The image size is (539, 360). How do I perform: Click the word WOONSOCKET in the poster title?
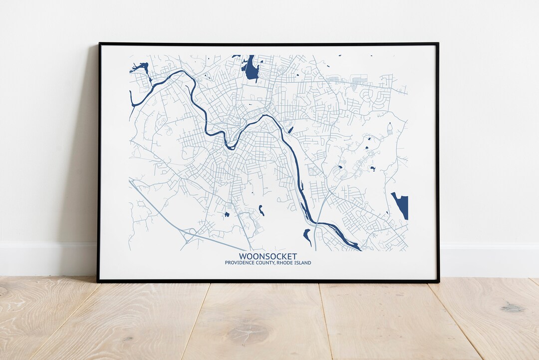coord(268,256)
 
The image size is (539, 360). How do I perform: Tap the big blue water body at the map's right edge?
coord(401,205)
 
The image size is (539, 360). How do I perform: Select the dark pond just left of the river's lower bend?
coord(307,236)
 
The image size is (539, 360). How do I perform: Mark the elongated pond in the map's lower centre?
coord(261,211)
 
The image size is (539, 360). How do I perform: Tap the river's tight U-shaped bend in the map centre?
coord(230,145)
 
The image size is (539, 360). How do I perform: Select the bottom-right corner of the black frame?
coord(438,282)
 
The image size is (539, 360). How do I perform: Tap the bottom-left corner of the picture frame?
coord(98,281)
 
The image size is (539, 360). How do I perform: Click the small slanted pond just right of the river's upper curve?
coord(290,130)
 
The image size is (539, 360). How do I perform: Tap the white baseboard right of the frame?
coord(489,260)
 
